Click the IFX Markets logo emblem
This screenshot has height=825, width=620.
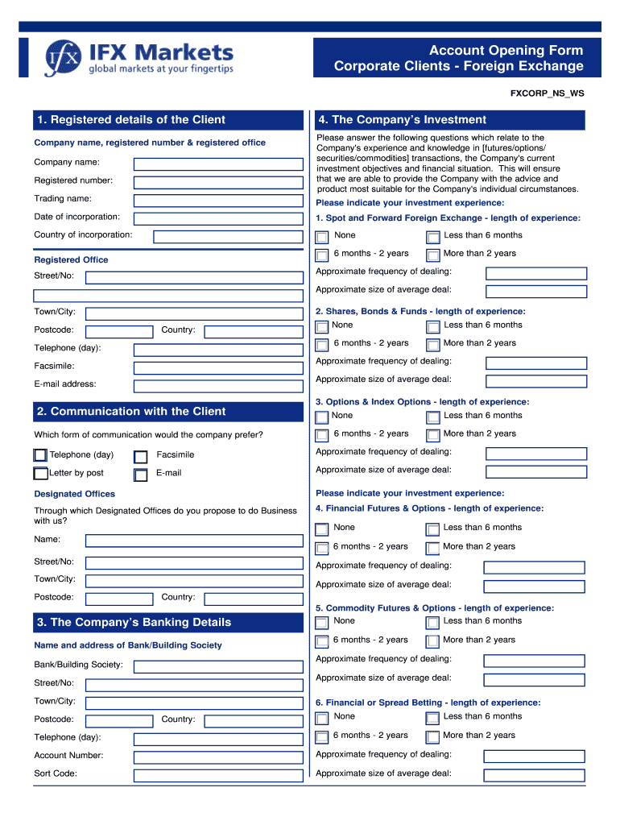(63, 57)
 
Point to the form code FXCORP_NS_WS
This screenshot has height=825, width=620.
(548, 93)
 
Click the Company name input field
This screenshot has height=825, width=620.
(217, 164)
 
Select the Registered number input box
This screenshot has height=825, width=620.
(217, 181)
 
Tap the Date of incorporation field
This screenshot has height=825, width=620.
(217, 218)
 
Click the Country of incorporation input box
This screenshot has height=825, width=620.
(228, 237)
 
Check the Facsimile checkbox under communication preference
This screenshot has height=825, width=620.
(141, 457)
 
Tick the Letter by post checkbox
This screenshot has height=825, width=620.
(41, 474)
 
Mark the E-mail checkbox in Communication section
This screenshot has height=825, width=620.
(141, 475)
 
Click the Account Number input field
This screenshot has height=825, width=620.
(217, 757)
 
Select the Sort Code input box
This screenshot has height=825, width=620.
(217, 776)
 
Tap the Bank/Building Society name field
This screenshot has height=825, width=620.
(217, 666)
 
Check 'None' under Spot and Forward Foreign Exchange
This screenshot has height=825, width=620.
(322, 237)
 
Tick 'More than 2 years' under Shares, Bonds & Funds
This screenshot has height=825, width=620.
(432, 345)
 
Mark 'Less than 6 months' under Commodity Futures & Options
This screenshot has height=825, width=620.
(432, 622)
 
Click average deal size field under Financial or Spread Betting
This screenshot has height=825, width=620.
(535, 775)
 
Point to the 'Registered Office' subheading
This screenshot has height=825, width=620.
(71, 260)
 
